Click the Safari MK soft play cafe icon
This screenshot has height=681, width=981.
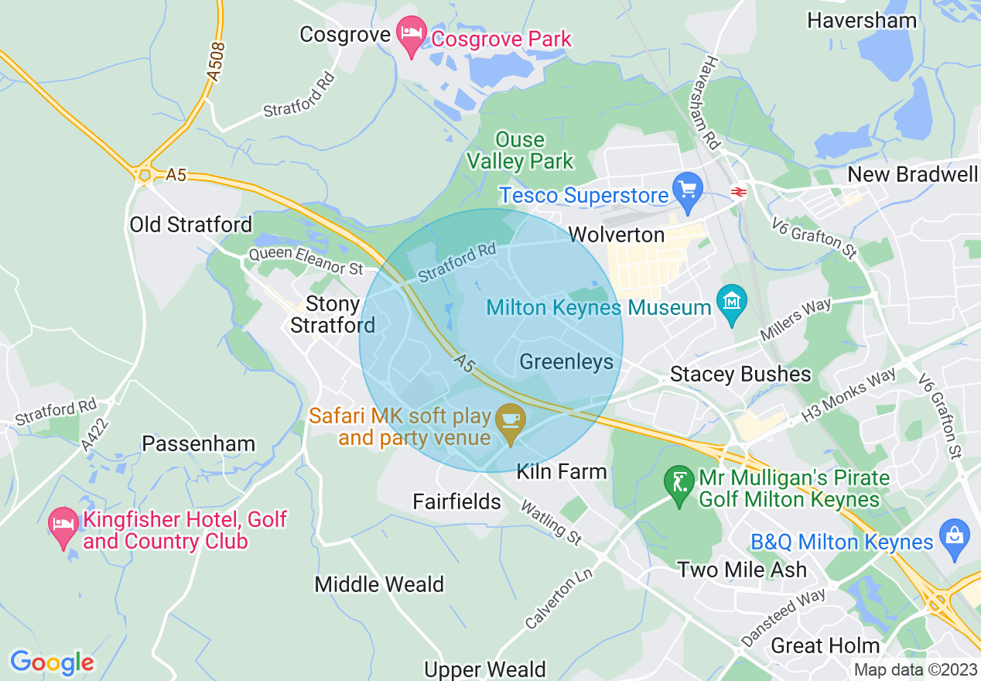[510, 421]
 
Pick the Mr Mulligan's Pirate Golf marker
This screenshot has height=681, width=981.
[679, 485]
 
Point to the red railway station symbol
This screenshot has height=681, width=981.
[739, 190]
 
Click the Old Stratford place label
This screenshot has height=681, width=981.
[190, 224]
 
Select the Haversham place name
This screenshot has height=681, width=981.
[862, 20]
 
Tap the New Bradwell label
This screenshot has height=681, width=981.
[913, 174]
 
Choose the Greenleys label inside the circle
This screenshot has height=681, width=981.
[566, 361]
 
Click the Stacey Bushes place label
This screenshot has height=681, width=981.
[740, 375]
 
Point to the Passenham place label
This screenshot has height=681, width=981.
[199, 443]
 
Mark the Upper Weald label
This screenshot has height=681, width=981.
[485, 669]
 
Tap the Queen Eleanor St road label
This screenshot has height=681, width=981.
[306, 262]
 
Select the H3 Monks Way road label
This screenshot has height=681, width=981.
[848, 395]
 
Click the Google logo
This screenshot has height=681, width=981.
[52, 662]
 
